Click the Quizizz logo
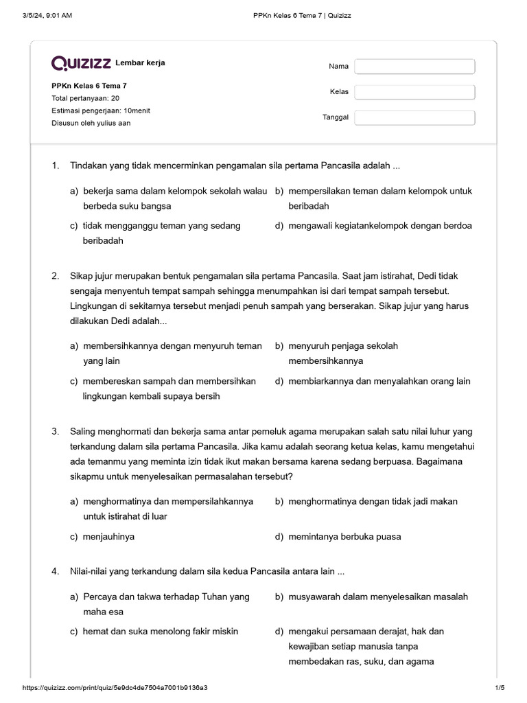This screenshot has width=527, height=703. [x=81, y=63]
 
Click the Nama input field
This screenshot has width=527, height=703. [x=414, y=67]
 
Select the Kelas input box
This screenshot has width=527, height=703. [x=414, y=92]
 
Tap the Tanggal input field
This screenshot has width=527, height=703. [x=414, y=117]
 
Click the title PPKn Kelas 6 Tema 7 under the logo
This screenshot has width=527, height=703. [x=89, y=86]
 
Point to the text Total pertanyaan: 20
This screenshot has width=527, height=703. [x=85, y=98]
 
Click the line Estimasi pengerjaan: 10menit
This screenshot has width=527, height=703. [x=101, y=111]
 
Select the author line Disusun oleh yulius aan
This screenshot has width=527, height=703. [x=91, y=123]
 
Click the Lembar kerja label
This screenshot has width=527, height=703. [x=140, y=63]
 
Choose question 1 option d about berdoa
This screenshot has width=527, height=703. [x=379, y=226]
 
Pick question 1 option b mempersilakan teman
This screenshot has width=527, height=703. [x=379, y=198]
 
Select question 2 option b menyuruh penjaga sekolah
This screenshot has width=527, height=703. [x=343, y=353]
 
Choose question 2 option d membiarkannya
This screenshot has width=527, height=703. [x=379, y=381]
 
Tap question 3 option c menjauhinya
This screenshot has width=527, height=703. [x=108, y=537]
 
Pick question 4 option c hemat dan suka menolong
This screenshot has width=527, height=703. [x=160, y=632]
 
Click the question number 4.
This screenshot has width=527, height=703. [x=55, y=572]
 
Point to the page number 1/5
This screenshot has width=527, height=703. [x=499, y=688]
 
